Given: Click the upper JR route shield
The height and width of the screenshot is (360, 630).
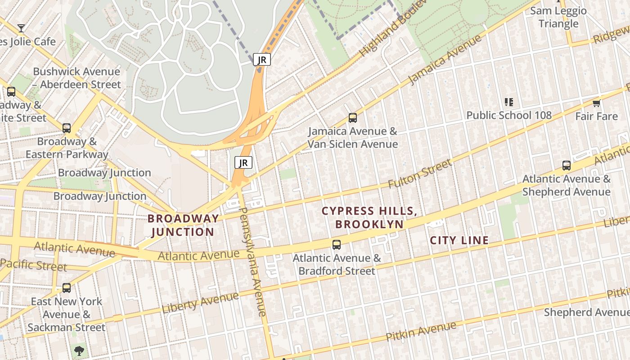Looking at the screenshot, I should pos(261,59).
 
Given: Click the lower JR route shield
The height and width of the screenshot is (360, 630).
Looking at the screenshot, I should pos(243,162).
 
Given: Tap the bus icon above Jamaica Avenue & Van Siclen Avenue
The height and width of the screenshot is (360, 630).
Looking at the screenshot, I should pos(353,118).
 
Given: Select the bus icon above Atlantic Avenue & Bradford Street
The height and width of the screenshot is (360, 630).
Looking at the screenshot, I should pos(337,245).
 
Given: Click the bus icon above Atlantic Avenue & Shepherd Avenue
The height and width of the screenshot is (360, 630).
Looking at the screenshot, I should pos(567,166).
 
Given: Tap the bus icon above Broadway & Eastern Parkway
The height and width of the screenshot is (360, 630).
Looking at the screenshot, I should pos(67,128).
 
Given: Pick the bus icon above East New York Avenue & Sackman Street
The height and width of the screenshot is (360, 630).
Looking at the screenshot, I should pos(67,288).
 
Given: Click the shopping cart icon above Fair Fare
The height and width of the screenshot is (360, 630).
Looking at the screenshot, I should pos(597,103).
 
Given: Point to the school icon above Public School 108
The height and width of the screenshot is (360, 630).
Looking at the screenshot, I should pos(509,102).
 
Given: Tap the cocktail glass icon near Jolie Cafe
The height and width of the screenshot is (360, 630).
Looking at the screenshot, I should pos(21,28).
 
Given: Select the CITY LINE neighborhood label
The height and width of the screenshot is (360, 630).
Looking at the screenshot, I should pos(459,240).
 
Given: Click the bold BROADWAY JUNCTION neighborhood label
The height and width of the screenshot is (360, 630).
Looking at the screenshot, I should pos(183,225).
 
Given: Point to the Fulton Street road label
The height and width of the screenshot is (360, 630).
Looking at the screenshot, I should pos(419,174).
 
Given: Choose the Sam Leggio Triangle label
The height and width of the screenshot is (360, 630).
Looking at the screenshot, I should pos(558,17).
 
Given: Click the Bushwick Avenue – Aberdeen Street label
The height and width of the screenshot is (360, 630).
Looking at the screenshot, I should pos(77,78).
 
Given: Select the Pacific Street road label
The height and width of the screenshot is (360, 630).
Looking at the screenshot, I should pos(34,265).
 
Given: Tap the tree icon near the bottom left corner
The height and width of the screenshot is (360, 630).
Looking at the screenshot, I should pos(80,350).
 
